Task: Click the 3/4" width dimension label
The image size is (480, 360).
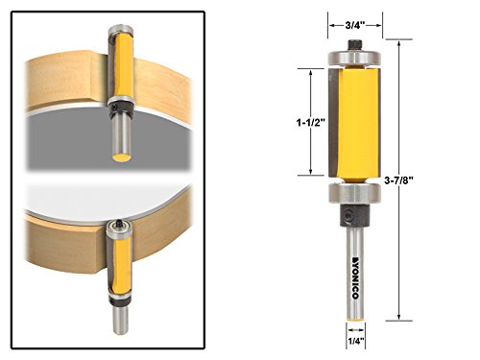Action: coord(355,25)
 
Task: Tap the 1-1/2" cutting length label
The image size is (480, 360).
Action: coord(310,122)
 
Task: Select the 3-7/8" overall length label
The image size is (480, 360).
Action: coord(398,180)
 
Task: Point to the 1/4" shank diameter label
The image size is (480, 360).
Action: coord(355,341)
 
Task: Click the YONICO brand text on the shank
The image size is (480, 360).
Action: coord(355,277)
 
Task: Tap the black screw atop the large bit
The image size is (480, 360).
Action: coord(355,44)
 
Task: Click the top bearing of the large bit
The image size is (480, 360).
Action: coord(354,59)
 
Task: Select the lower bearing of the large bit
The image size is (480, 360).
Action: coord(354,193)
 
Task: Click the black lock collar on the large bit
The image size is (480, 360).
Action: coord(354,216)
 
